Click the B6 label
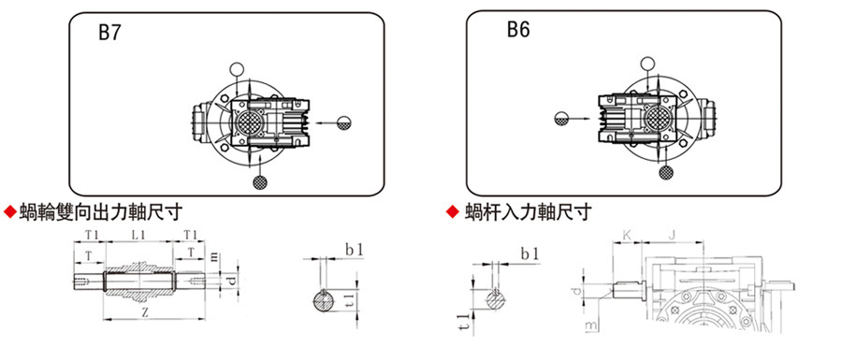[518, 30]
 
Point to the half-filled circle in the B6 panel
[560, 118]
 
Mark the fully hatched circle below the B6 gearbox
[667, 172]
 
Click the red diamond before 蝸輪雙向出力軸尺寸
[10, 212]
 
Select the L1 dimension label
[138, 234]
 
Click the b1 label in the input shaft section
[530, 253]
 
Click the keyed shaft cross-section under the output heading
[327, 302]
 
